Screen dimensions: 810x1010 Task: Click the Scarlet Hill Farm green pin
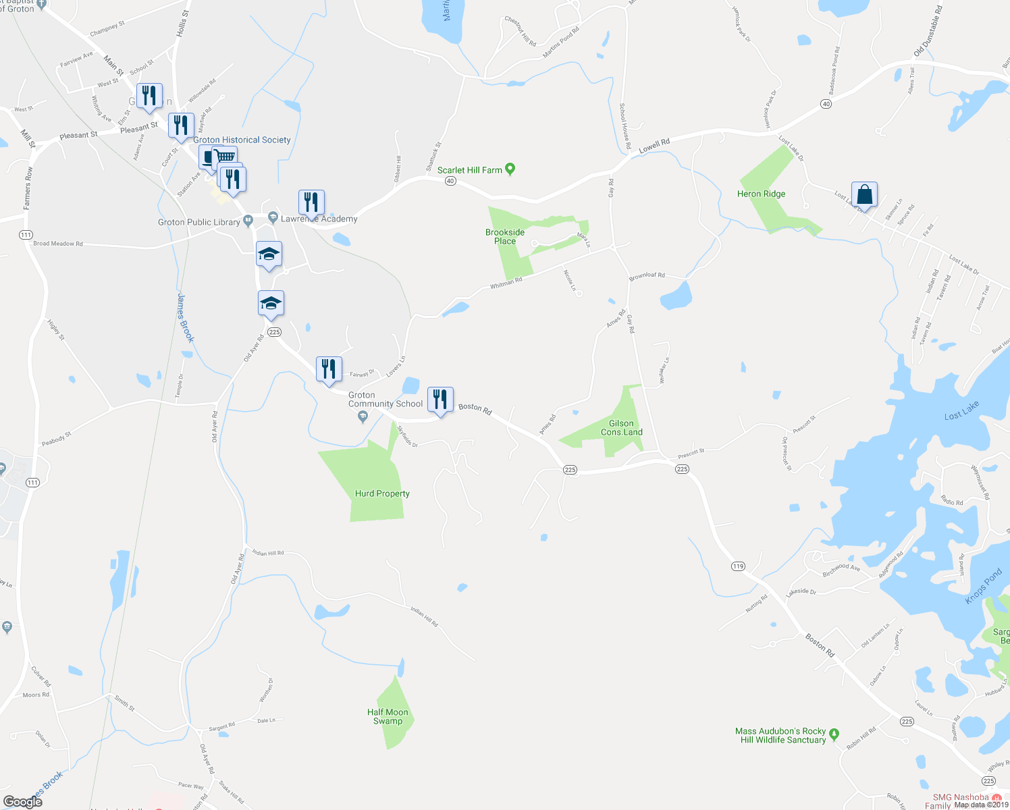coord(510,169)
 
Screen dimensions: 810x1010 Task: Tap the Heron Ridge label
coord(761,194)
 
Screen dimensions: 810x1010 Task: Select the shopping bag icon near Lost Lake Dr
coord(864,194)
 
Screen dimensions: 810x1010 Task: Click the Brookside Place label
coord(505,237)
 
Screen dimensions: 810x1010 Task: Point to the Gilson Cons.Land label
coord(621,428)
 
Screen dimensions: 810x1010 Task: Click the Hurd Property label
coord(382,493)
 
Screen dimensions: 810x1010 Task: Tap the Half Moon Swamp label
coord(388,717)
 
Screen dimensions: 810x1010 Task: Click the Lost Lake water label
coord(961,410)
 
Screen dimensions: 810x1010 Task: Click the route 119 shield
coord(738,566)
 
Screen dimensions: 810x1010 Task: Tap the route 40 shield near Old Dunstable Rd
coord(826,104)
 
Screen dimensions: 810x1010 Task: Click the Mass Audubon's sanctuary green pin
coord(834,734)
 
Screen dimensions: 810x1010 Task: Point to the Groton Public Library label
coord(198,222)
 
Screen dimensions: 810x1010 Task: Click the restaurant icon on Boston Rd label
coord(440,400)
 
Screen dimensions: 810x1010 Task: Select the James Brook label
coord(185,317)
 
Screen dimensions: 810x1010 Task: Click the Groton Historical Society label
coord(242,140)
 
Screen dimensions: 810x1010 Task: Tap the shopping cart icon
coord(226,157)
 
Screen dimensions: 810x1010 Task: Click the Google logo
coord(22,801)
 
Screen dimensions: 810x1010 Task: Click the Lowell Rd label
coord(654,145)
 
